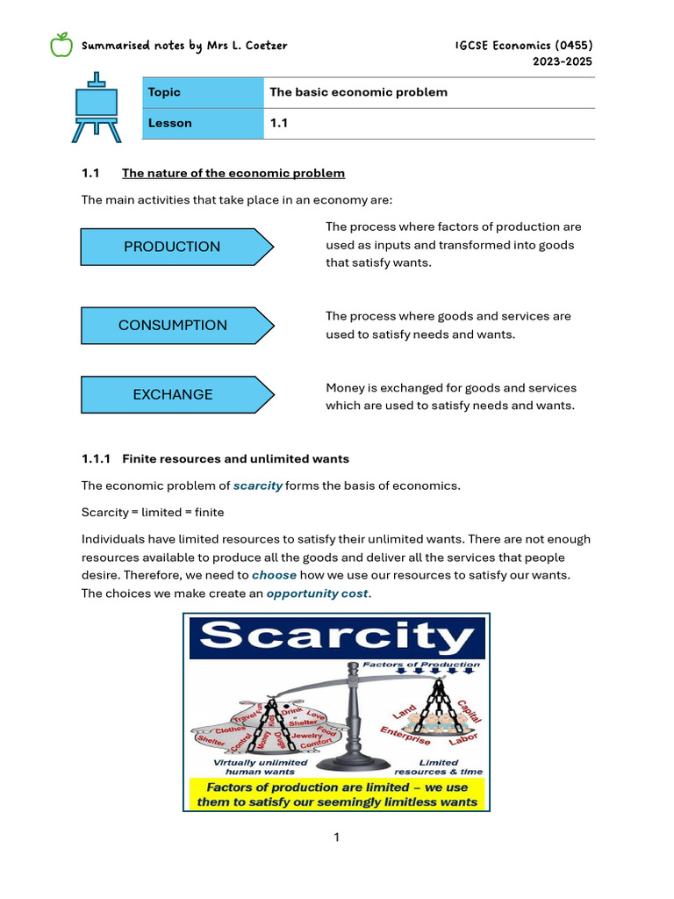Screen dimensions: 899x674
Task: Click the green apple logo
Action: tap(61, 44)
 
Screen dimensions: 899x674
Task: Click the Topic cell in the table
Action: tap(203, 92)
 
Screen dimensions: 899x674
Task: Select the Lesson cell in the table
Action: tap(203, 124)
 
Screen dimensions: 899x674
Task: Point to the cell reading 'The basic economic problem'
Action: tap(358, 92)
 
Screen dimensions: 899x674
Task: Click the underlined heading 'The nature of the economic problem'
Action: tap(233, 173)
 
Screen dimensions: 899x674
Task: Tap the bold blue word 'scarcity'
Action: tap(258, 485)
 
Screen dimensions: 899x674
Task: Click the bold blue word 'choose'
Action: tap(274, 575)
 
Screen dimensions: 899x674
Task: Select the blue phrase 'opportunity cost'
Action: tap(317, 593)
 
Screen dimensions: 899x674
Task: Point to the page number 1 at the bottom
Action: tap(337, 838)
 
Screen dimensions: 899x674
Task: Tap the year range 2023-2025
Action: tap(562, 61)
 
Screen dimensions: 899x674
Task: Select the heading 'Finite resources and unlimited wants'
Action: tap(235, 458)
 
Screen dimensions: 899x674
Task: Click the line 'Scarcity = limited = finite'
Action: tap(153, 512)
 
